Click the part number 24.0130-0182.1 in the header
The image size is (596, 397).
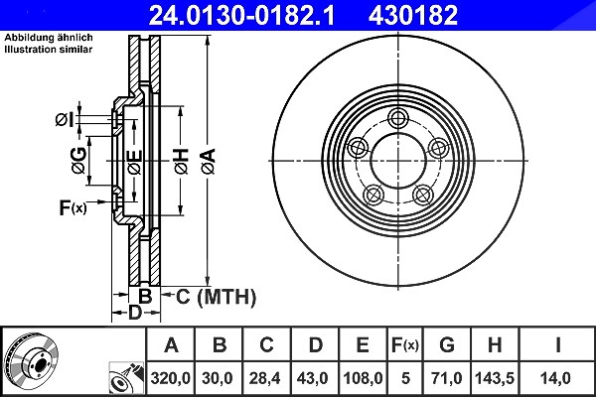click(241, 15)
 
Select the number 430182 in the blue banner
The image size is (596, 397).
click(413, 15)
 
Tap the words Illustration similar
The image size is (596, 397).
click(49, 50)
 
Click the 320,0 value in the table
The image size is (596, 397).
click(170, 378)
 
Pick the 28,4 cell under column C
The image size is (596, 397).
click(265, 378)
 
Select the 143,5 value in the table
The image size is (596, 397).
click(495, 378)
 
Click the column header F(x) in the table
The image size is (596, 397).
click(405, 345)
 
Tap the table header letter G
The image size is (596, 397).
click(447, 345)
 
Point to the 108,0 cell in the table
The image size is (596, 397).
click(363, 378)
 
